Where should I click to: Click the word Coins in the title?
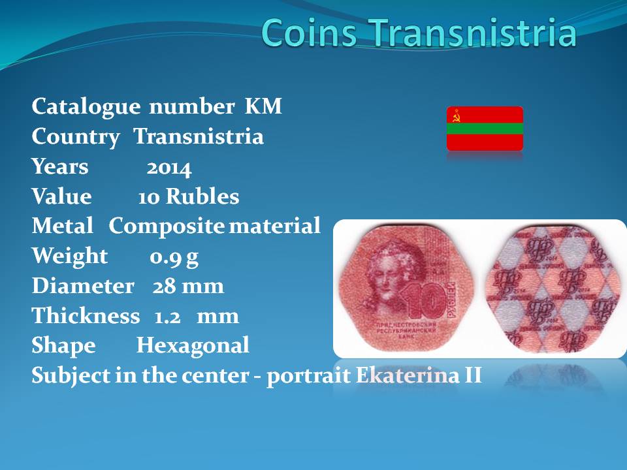pos(309,33)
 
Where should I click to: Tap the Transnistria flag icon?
pos(485,129)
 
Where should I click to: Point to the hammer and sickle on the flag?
pos(457,116)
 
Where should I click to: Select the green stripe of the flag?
pos(485,129)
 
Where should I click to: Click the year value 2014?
pos(169,168)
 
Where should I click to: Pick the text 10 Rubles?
pos(188,196)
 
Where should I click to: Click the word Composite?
pos(167,227)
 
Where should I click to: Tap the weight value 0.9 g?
pos(174,257)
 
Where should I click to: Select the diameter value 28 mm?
pos(188,286)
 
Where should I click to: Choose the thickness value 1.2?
pos(168,317)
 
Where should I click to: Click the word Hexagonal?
pos(193,346)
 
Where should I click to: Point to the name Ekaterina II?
pos(419,375)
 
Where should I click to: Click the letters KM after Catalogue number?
pos(263,106)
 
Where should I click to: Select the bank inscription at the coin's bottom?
pos(406,330)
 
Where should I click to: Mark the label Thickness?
pos(86,316)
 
